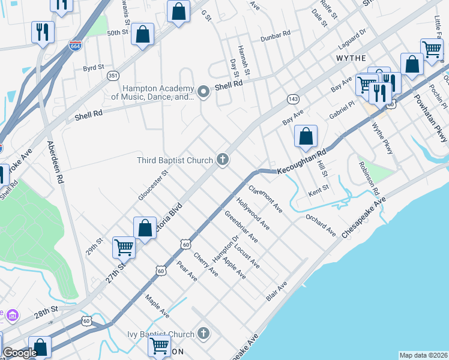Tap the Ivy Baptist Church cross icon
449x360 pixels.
(x=203, y=334)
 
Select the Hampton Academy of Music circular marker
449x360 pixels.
(x=203, y=92)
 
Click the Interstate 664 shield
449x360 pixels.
(x=75, y=46)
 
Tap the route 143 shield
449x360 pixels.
(x=293, y=98)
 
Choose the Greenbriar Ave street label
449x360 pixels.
(x=241, y=227)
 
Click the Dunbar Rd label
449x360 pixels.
(x=275, y=38)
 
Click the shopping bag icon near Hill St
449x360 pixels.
(x=306, y=136)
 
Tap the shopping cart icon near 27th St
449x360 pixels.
(x=124, y=247)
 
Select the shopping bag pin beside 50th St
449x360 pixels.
(x=143, y=34)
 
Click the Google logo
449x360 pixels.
(x=19, y=353)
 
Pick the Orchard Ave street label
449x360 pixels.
(x=320, y=225)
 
